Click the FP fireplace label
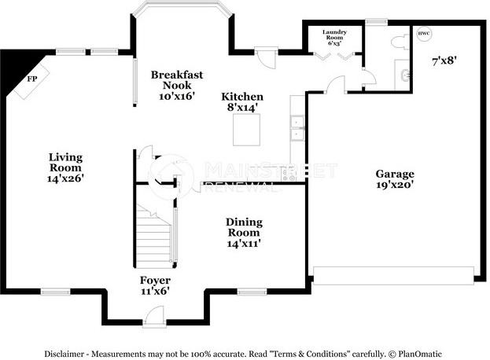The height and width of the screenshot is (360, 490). tap(32, 79)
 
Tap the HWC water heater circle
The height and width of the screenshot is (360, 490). tap(424, 34)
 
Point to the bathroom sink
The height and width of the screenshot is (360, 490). tap(405, 75)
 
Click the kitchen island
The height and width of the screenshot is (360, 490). tap(247, 130)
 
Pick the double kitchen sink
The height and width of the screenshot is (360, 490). tap(297, 128)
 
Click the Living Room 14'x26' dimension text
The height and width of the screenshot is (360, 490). tap(65, 178)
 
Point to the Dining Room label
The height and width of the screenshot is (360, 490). tap(244, 227)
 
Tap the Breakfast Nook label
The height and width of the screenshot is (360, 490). tap(178, 79)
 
